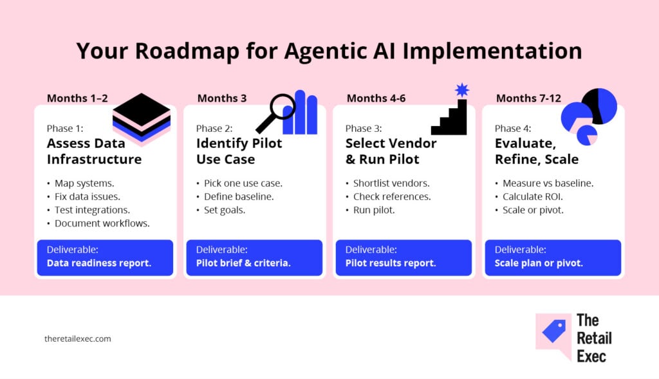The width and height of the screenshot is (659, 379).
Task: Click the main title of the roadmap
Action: [x=329, y=51]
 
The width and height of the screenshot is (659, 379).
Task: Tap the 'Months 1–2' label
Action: [x=77, y=98]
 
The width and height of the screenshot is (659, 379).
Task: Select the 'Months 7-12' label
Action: [x=528, y=98]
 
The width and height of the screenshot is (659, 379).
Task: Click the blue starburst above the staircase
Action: [x=462, y=90]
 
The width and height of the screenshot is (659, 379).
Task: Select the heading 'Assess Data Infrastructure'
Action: [x=95, y=151]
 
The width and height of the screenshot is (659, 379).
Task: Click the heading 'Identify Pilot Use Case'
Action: [x=239, y=151]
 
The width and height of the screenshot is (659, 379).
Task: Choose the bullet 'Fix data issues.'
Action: [x=87, y=196]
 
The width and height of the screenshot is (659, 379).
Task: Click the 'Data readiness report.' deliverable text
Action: [x=99, y=263]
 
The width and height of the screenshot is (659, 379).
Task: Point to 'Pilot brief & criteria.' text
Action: [x=243, y=263]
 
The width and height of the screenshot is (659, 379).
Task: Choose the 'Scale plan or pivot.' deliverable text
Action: [x=539, y=263]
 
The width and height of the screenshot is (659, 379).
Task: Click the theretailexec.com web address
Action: [x=78, y=338]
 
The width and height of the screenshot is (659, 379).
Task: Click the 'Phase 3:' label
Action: [x=363, y=129]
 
